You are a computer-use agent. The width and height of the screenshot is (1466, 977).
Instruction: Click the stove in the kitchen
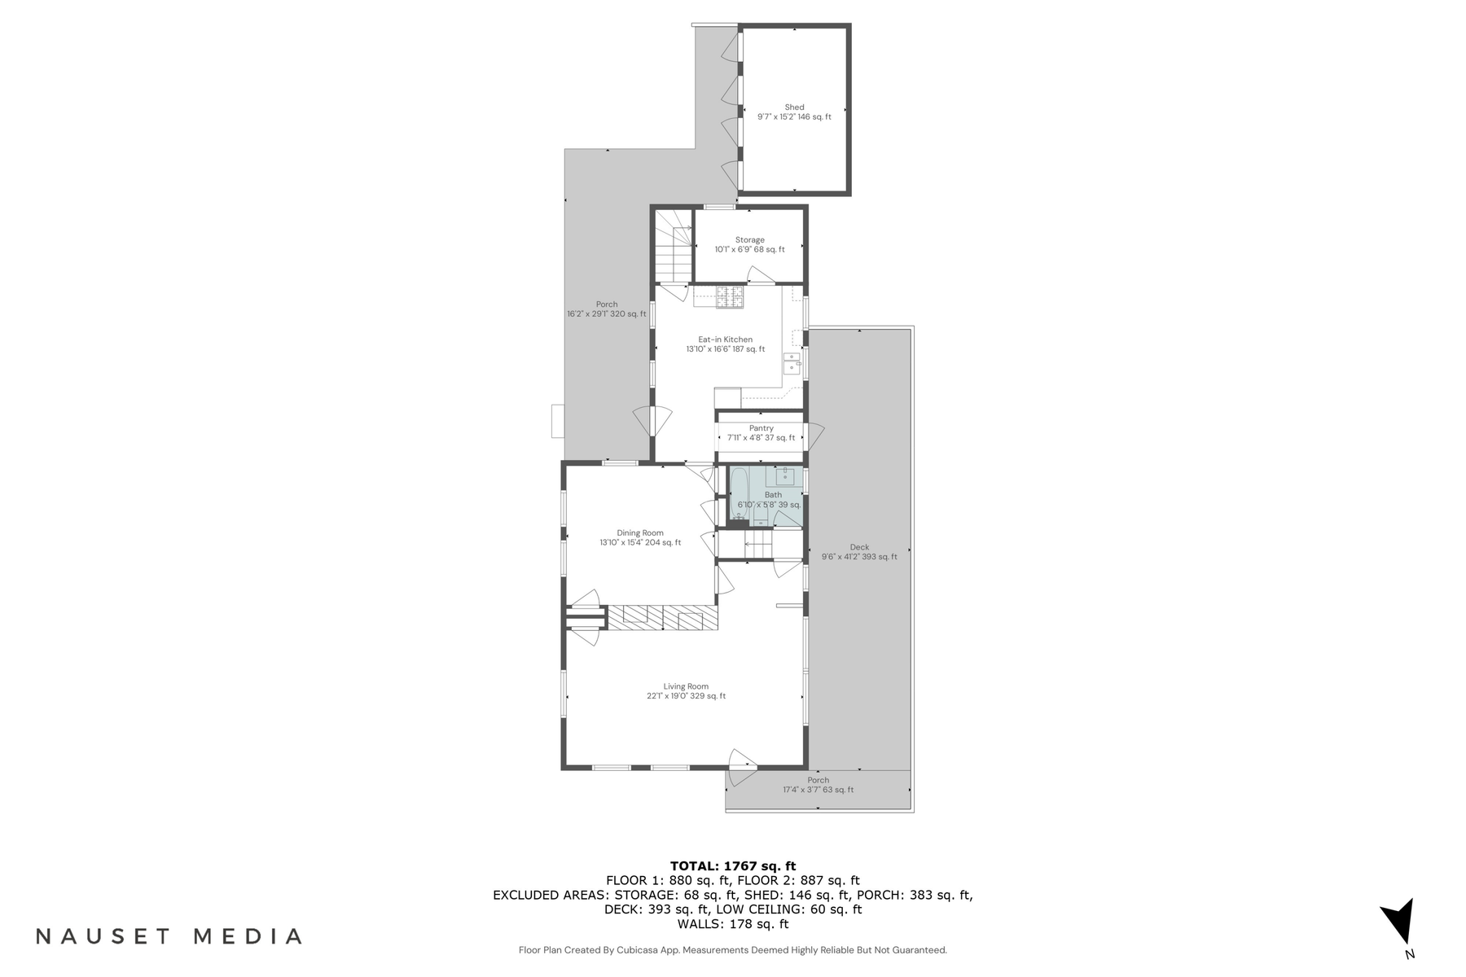click(730, 298)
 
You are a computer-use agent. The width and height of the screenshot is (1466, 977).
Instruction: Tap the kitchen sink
click(792, 363)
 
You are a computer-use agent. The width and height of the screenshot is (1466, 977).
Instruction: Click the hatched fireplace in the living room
click(664, 617)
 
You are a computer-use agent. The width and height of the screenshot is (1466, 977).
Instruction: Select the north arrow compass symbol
click(1399, 924)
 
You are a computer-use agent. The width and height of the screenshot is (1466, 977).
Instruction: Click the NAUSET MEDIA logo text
click(169, 936)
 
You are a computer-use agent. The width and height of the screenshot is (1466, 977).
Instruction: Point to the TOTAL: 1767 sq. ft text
click(732, 866)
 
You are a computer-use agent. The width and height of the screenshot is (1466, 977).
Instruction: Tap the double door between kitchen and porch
click(652, 421)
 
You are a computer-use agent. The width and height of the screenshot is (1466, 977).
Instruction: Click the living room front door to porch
click(741, 768)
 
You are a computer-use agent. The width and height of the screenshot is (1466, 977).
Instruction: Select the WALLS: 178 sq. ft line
click(732, 924)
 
